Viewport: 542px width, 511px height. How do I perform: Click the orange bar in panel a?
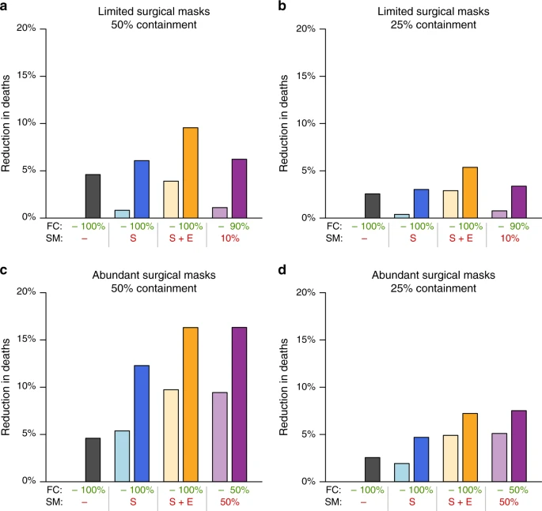pos(190,172)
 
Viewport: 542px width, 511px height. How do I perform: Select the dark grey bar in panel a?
pos(93,196)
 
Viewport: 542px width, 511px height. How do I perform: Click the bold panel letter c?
pos(5,272)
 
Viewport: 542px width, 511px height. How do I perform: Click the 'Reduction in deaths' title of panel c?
pos(7,386)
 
